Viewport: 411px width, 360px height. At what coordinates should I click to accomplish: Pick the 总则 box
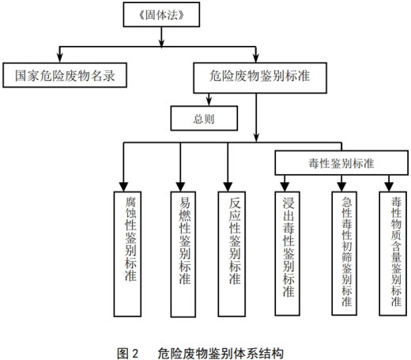tap(205, 118)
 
